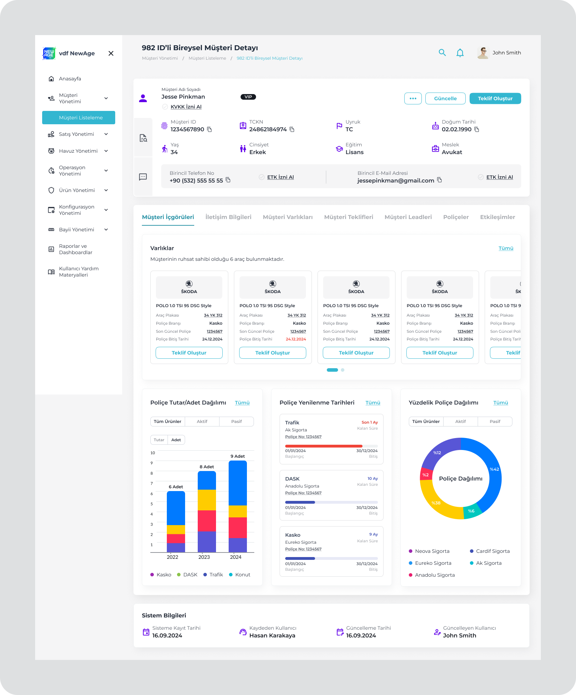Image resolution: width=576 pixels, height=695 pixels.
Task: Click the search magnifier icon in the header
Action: coord(442,53)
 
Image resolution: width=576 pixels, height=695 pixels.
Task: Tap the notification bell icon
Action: coord(460,53)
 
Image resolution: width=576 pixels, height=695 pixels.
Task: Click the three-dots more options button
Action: coord(413,99)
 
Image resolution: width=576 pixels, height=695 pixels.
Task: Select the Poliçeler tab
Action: coord(456,217)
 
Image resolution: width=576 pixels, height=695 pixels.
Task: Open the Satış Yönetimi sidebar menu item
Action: coord(76,134)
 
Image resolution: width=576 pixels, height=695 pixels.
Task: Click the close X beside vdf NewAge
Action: coord(111,53)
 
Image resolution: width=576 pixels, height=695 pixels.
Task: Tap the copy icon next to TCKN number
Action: coord(292,130)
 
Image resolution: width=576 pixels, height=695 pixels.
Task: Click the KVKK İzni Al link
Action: coord(186,107)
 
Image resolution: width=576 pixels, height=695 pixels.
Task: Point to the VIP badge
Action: coord(248,97)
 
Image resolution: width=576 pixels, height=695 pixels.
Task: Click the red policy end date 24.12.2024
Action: coord(296,339)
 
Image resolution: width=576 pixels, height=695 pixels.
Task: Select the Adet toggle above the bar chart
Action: coord(176,440)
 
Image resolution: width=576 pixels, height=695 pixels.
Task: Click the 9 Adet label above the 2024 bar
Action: coord(237,456)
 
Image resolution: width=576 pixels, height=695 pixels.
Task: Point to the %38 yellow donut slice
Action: coord(436,503)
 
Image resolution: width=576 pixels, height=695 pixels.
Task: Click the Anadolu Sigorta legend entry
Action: coord(434,575)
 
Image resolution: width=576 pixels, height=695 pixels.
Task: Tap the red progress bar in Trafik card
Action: coord(323,446)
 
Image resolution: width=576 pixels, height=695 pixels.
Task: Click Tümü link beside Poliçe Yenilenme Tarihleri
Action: coord(373,403)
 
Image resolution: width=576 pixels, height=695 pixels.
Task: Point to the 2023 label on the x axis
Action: coord(204,557)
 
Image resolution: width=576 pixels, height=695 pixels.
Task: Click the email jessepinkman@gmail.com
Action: coord(395,180)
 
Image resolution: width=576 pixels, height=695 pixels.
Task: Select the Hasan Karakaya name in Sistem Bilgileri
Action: coord(272,635)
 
